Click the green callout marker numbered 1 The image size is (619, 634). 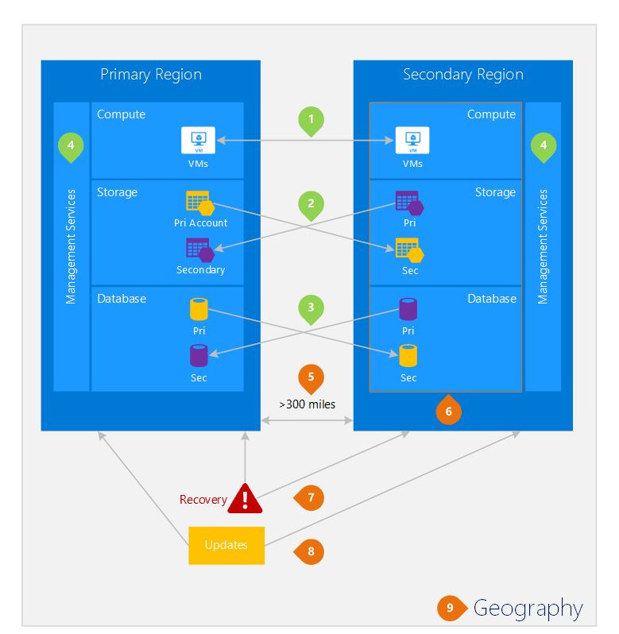(x=311, y=121)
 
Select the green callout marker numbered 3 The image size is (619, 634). (x=311, y=309)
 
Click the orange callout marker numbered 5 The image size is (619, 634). (x=311, y=379)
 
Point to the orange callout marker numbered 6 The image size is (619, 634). (x=448, y=410)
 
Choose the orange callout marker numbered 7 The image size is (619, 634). (x=309, y=497)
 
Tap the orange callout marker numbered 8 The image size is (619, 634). (x=309, y=551)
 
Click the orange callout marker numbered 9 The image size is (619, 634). (x=452, y=608)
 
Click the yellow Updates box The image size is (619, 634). (x=226, y=546)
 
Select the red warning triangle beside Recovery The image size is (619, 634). (x=245, y=500)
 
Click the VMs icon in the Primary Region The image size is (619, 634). (x=198, y=141)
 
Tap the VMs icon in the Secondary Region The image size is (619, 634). (x=412, y=141)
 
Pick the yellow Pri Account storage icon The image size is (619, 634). (x=200, y=203)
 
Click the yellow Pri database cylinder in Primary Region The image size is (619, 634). (x=199, y=309)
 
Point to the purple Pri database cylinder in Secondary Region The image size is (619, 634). (x=408, y=309)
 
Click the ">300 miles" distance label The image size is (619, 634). (x=308, y=404)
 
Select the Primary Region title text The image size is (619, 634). (x=151, y=75)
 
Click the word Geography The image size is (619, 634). (x=528, y=609)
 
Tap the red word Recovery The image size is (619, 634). (x=203, y=501)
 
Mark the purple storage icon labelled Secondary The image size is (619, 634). (x=200, y=250)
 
